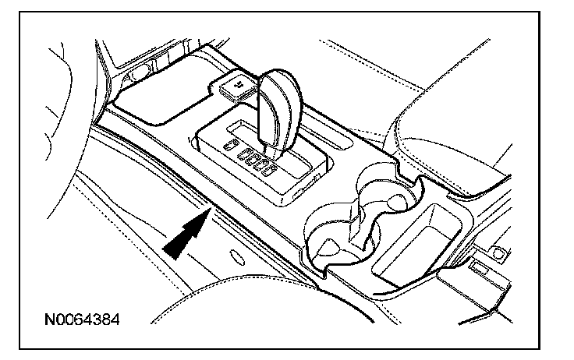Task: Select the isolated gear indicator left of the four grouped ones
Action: (229, 146)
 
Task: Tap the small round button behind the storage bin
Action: (496, 251)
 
